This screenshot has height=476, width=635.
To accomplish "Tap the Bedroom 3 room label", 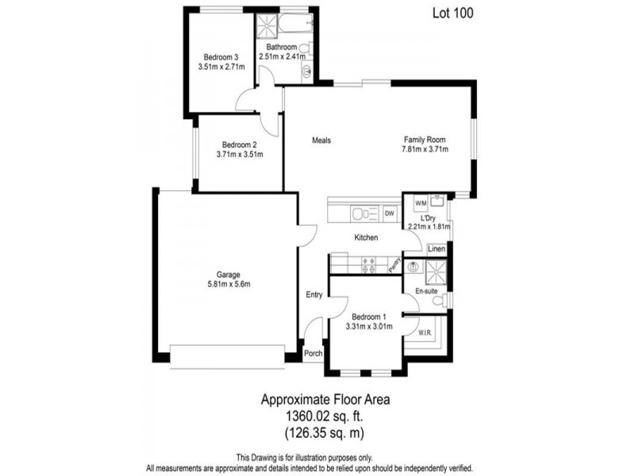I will pos(221,57).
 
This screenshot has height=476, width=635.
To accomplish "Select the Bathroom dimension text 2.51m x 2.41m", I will pos(287,56).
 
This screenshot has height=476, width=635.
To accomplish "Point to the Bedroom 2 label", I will pos(239,144).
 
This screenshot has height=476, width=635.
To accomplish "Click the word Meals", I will pos(320,140).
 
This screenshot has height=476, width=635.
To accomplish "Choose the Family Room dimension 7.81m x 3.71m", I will pos(425,148).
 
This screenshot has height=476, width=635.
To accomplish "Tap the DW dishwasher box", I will pos(390,213).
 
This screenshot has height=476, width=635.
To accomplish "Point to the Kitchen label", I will pos(366,237).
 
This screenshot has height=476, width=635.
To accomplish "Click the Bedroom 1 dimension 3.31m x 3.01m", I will pos(369,325).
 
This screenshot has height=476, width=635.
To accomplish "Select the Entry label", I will pos(314,295).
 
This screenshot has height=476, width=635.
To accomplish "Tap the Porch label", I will pos(314,354).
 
